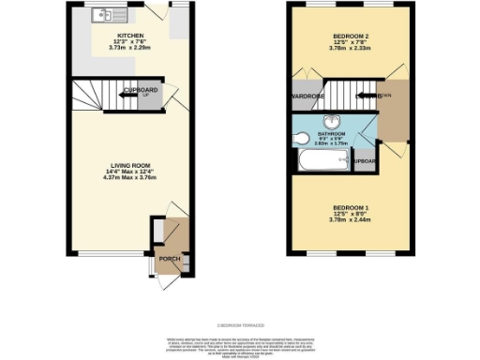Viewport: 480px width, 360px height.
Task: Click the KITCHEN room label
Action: point(130,35)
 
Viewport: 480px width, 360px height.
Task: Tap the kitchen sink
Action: point(100,15)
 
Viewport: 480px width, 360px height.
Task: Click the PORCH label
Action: point(169,259)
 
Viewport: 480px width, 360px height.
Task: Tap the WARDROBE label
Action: point(308,97)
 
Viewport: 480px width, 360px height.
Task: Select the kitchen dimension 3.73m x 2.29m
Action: point(130,49)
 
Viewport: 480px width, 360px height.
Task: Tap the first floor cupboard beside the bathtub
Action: point(367,161)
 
